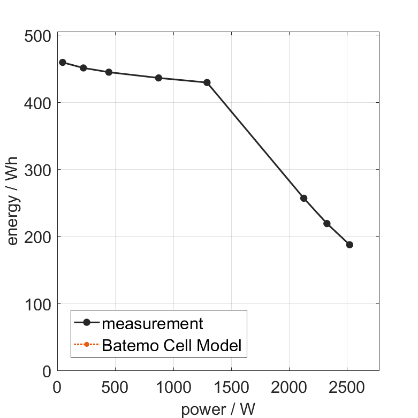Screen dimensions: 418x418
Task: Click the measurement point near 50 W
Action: [63, 63]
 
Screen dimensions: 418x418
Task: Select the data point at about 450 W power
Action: [109, 72]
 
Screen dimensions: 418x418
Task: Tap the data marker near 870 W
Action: [158, 78]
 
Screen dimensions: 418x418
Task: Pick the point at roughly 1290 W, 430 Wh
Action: [207, 82]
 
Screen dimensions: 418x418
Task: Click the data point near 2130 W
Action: [304, 198]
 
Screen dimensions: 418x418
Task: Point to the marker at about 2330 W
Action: [327, 223]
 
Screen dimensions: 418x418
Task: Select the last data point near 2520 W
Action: [349, 245]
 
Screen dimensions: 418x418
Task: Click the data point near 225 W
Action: [83, 68]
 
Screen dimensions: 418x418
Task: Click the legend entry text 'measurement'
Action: [153, 323]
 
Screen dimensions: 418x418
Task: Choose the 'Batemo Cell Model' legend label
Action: [171, 345]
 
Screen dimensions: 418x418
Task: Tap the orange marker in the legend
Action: [87, 345]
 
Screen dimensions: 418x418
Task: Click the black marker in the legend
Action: [87, 323]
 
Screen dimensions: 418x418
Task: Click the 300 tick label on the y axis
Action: [39, 170]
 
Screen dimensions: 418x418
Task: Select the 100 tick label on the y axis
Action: [39, 305]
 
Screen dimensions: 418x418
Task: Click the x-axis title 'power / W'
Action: [218, 409]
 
